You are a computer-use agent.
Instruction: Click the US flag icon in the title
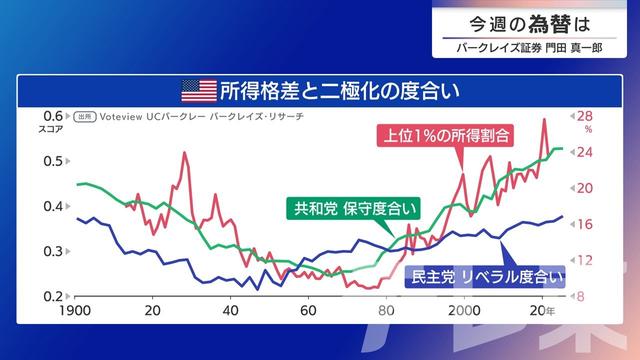tap(198, 91)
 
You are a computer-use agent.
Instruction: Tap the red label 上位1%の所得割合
tap(444, 134)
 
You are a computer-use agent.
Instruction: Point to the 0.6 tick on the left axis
tap(52, 116)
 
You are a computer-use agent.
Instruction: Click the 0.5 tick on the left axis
tap(52, 161)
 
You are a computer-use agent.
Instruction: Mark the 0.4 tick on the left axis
tap(52, 206)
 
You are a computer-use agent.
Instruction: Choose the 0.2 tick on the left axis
tap(52, 296)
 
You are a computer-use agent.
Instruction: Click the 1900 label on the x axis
tap(77, 311)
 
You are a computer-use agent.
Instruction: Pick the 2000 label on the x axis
tap(464, 311)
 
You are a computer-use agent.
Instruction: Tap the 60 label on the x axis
tap(308, 311)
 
